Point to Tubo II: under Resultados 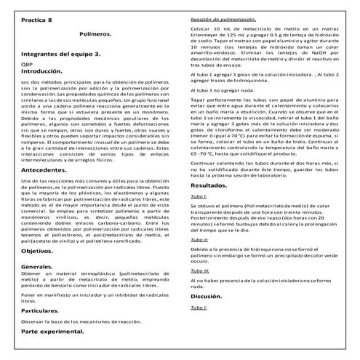pos(199,239)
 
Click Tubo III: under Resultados pos(200,271)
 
